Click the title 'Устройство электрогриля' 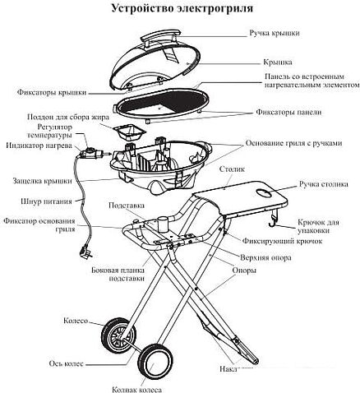click(x=179, y=9)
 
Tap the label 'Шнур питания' click(x=37, y=199)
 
